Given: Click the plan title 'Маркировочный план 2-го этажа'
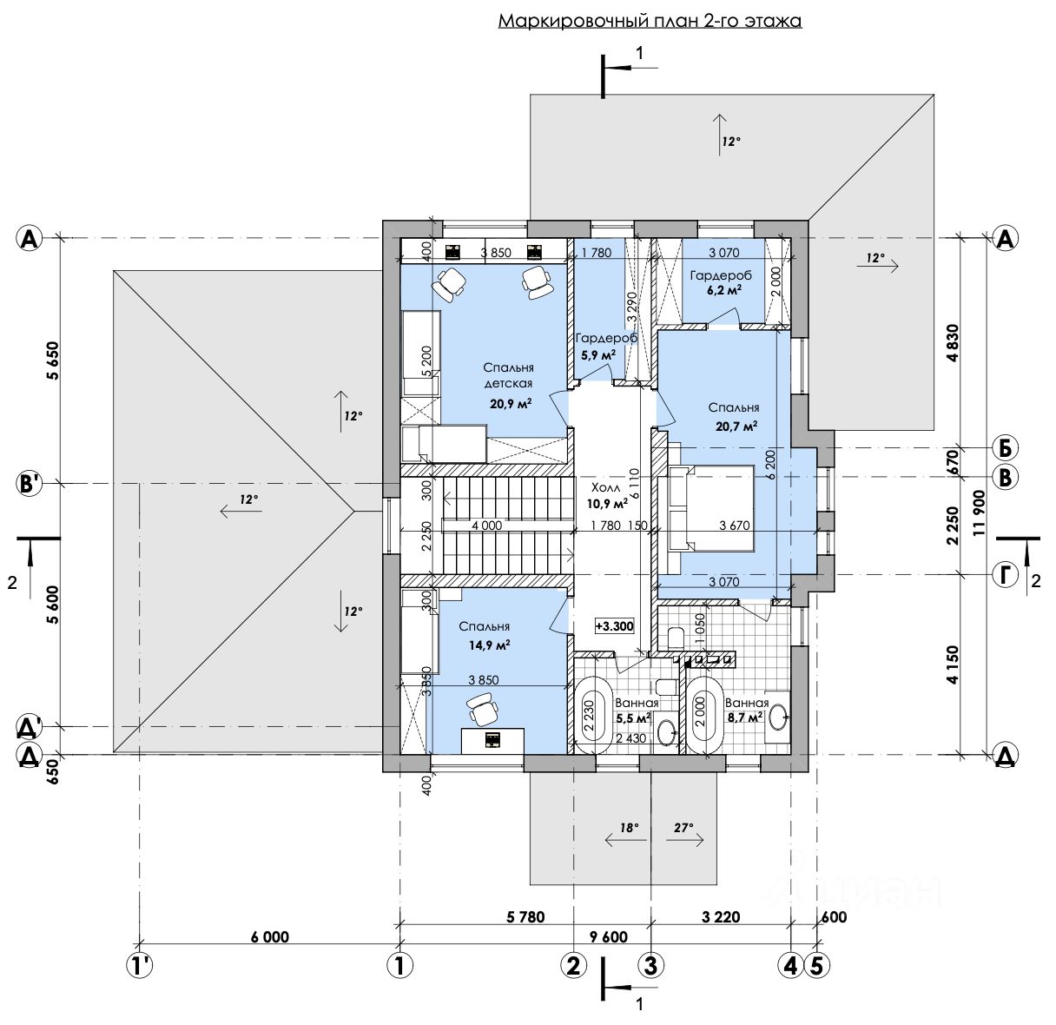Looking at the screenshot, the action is (650, 22).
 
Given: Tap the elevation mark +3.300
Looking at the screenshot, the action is (614, 626).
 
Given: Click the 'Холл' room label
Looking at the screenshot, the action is (605, 487).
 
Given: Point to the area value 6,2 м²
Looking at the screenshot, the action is (723, 290).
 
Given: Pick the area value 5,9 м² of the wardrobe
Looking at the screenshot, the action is (598, 355).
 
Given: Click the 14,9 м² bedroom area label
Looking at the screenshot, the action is (490, 645).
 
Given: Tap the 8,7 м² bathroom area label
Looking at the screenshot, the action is (745, 717).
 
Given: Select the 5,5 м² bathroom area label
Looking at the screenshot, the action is (633, 717).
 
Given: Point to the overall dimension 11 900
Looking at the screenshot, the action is (979, 513).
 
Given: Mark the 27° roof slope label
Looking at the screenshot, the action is (683, 827).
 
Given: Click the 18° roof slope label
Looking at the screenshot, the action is (630, 827).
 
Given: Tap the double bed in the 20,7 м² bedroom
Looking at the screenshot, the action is (711, 508).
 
